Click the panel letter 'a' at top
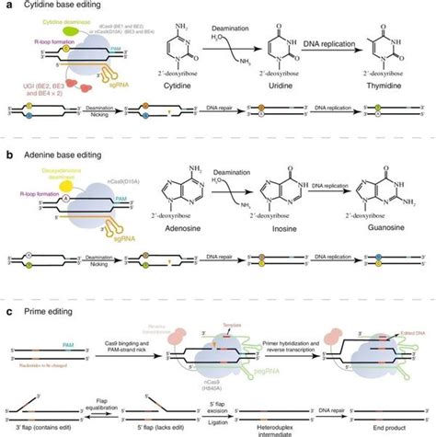6,6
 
